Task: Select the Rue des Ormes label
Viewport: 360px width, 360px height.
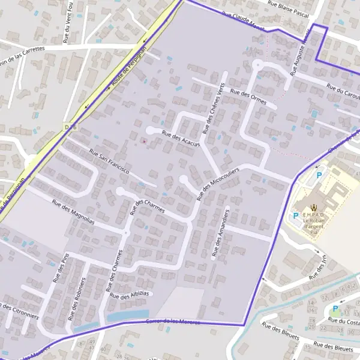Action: (x=248, y=96)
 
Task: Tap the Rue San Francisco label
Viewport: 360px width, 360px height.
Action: (x=109, y=161)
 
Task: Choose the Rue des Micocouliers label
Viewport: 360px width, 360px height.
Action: (x=217, y=184)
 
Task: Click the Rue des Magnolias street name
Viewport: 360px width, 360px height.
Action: (x=73, y=212)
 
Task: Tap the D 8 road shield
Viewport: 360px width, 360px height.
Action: (x=67, y=128)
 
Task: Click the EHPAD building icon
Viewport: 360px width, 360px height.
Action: (x=318, y=206)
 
